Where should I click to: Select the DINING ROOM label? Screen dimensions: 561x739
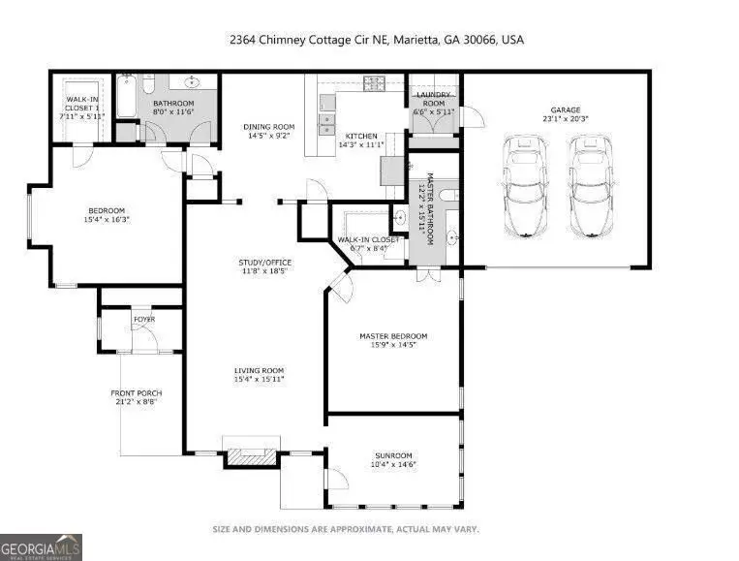(x=270, y=132)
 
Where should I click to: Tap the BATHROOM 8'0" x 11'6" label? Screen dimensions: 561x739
(x=174, y=108)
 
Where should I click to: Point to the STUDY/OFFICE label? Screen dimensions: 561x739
(x=264, y=267)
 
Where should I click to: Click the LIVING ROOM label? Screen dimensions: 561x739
(x=259, y=375)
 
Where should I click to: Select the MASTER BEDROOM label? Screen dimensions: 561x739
(x=392, y=341)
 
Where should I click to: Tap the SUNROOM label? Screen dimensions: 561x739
(x=393, y=460)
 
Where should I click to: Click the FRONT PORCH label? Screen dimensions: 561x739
(x=136, y=396)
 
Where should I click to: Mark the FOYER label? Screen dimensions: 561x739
(x=143, y=317)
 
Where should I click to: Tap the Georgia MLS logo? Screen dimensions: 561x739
(x=41, y=548)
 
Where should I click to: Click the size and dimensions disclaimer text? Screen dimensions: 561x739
(x=345, y=529)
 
